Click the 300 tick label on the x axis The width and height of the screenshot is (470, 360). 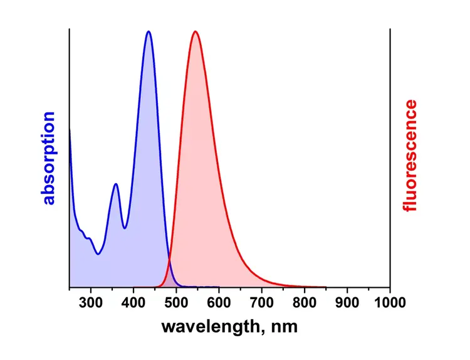click(91, 304)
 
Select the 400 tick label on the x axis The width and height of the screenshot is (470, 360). click(133, 304)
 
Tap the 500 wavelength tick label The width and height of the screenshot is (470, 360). click(176, 304)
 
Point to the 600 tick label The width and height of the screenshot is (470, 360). click(219, 304)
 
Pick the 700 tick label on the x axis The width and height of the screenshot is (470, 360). click(261, 304)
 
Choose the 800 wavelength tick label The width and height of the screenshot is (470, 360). click(304, 304)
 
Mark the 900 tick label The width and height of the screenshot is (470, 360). click(347, 304)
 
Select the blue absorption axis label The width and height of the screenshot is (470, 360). click(49, 159)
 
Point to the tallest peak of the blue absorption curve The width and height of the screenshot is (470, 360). click(148, 31)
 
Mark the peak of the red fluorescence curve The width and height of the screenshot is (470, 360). click(195, 31)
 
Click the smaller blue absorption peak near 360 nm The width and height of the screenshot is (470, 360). click(116, 184)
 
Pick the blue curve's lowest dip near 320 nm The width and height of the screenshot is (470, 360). click(98, 254)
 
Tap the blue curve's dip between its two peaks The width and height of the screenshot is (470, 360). click(125, 228)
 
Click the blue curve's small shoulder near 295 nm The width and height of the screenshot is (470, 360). click(89, 238)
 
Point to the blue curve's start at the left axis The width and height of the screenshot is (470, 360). click(69, 129)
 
